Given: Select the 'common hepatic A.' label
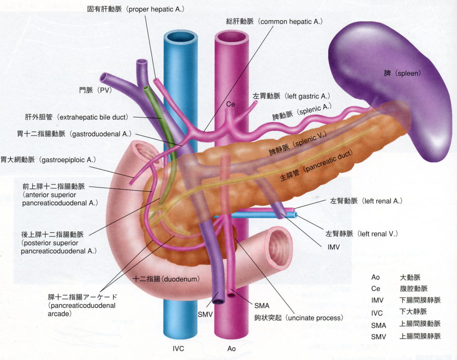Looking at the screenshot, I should [x=274, y=21].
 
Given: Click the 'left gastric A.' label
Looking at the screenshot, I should [x=291, y=96].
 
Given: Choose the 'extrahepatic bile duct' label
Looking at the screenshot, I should [x=77, y=117].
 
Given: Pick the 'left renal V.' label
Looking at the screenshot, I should [x=361, y=233].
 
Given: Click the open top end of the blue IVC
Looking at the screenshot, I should [x=181, y=37].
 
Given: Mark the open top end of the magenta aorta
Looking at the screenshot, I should [x=232, y=37].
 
